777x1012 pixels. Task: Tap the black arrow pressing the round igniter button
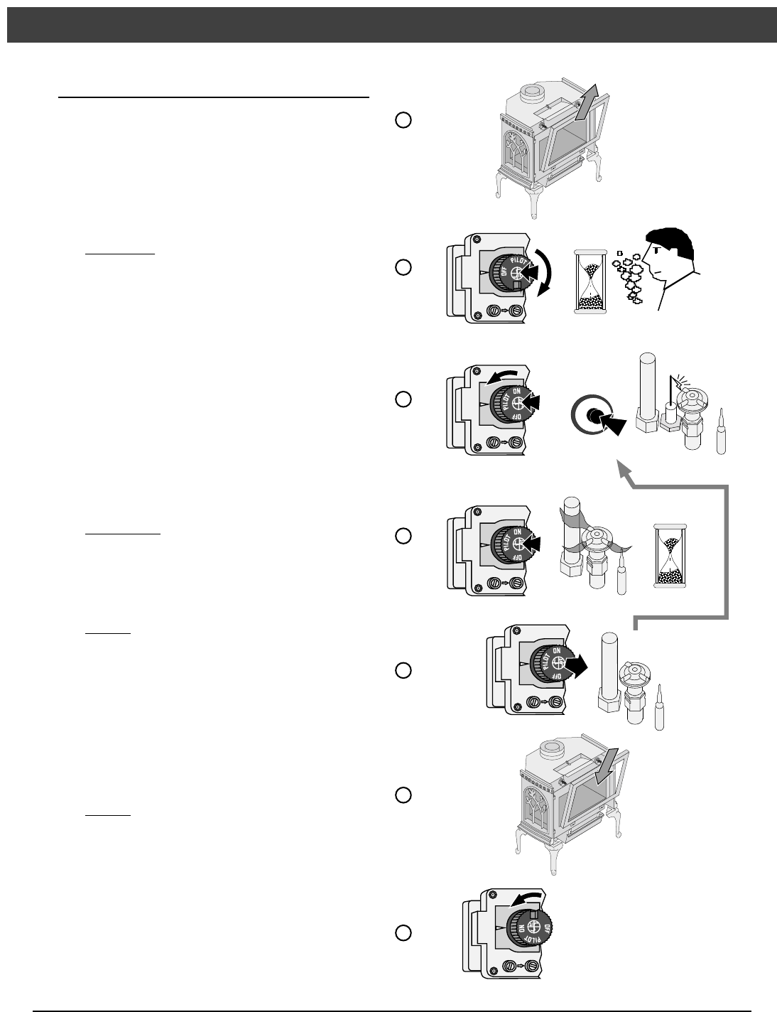click(612, 426)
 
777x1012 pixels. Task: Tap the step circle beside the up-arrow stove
click(403, 120)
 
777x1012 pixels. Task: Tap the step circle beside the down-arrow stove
click(403, 795)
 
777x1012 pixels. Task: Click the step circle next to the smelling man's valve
click(403, 267)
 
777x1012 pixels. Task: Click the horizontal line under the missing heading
click(213, 97)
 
